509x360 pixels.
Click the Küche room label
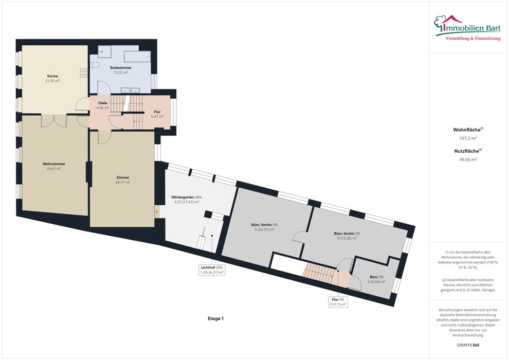click(x=52, y=76)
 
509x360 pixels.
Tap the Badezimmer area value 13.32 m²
click(x=121, y=73)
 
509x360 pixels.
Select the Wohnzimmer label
click(x=54, y=164)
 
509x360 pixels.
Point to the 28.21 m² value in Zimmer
click(x=123, y=183)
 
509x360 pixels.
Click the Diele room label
click(x=103, y=103)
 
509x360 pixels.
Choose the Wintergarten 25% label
click(x=186, y=197)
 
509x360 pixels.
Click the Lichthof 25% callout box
click(x=212, y=270)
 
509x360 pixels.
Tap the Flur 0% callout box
click(x=338, y=302)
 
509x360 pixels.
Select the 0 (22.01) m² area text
click(x=265, y=229)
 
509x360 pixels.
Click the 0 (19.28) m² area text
click(x=347, y=238)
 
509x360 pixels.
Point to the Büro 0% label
click(x=376, y=277)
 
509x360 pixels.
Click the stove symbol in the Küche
click(x=84, y=73)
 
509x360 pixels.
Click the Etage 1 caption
click(x=215, y=318)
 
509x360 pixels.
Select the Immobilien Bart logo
click(x=467, y=28)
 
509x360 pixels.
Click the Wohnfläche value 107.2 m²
click(x=468, y=138)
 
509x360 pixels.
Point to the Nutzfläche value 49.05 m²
click(x=468, y=159)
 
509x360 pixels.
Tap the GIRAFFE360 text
click(x=468, y=345)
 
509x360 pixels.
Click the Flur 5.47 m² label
click(x=157, y=114)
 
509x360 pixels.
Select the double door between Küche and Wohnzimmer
click(x=54, y=120)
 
